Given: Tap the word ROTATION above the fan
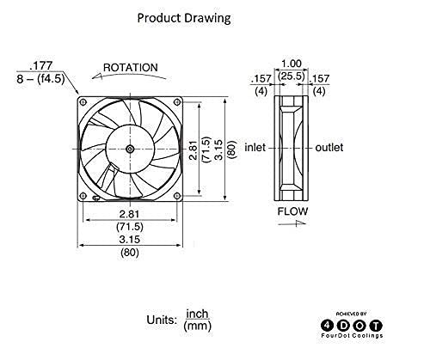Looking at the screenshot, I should (130, 67).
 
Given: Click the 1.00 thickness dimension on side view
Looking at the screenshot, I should (290, 63).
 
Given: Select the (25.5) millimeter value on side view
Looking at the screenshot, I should (290, 76).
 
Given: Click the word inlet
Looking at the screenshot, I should (256, 148).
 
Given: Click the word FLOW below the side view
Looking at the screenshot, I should (290, 210).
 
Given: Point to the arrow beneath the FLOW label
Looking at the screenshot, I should (290, 222).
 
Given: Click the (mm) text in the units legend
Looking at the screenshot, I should (198, 327).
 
